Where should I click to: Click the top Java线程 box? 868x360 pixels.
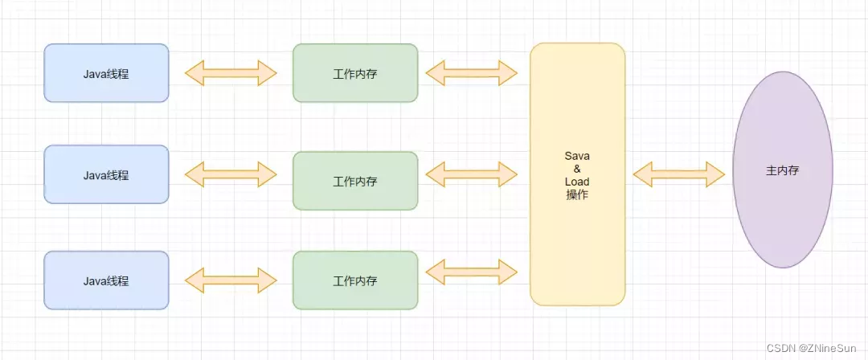[x=106, y=73]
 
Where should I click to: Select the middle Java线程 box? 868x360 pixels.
[x=106, y=174]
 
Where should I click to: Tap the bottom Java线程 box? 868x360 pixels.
[x=106, y=280]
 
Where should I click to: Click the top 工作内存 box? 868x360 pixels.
[x=355, y=73]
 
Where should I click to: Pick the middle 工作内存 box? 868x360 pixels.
[x=355, y=181]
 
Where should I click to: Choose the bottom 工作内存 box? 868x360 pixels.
[x=355, y=280]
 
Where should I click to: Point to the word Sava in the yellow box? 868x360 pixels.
[x=577, y=155]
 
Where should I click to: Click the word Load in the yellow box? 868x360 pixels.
[x=577, y=182]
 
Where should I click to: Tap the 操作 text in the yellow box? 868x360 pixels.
[x=577, y=194]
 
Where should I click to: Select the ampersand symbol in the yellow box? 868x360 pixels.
[x=577, y=169]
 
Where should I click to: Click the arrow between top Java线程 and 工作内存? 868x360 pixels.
[x=231, y=73]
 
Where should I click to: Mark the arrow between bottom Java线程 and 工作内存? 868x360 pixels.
[x=231, y=280]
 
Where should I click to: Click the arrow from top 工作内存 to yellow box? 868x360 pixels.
[x=472, y=73]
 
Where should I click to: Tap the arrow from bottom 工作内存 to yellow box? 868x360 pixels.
[x=472, y=272]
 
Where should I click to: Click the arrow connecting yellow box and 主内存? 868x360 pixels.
[x=679, y=173]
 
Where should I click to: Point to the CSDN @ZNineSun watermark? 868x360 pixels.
[x=813, y=347]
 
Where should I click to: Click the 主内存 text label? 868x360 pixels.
[x=782, y=171]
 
